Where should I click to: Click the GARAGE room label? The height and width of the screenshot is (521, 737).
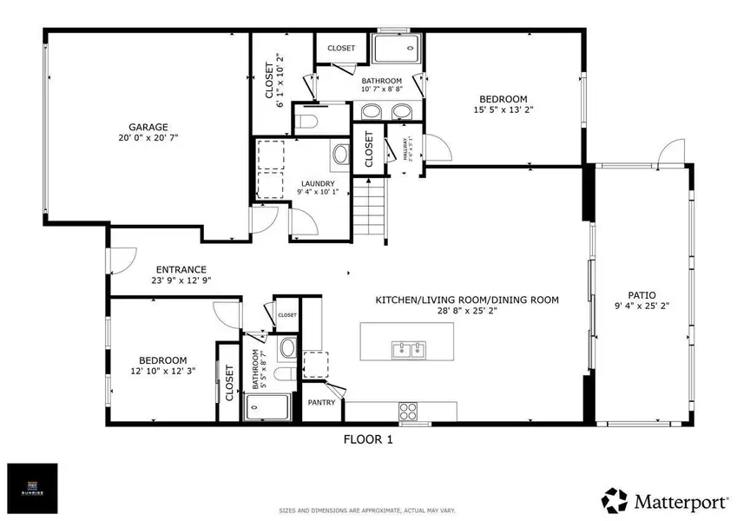coord(144,126)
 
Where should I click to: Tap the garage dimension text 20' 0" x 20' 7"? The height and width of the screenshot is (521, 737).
coord(144,137)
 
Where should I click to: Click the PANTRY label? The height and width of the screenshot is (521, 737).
coord(323,402)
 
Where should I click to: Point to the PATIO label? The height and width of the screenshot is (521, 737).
coord(642,294)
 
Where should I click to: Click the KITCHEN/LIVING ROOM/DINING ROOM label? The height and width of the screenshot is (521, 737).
coord(466,300)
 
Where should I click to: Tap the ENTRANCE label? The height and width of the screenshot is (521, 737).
coord(181,269)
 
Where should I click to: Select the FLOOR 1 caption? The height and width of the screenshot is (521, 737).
coord(368,440)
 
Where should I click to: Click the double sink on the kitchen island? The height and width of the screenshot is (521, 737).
coord(408,350)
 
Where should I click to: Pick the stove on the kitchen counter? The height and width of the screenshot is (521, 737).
coord(409,409)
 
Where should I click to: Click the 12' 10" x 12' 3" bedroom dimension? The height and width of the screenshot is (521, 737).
coord(163,372)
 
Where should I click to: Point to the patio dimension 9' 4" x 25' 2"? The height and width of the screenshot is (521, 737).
coord(642,306)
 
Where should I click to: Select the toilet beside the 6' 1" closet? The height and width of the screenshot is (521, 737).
coord(306,117)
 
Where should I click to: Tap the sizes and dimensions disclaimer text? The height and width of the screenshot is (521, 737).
coord(368,510)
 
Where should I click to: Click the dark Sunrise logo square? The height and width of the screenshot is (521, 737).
coord(32,485)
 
